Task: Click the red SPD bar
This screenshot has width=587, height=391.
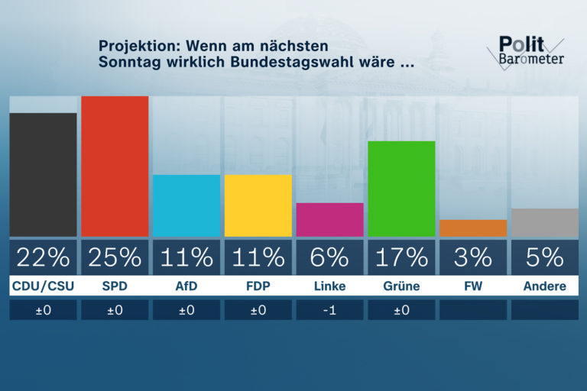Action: coord(115,166)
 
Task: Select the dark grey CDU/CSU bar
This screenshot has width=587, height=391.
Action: coord(43,175)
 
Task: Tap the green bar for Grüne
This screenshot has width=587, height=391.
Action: coord(401,189)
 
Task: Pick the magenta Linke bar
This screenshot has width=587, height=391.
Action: coord(329,220)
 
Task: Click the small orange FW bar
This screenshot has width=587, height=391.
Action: coord(473,228)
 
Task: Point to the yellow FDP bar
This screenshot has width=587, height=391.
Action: coord(258,205)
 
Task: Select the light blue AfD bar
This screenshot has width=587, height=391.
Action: coord(186,205)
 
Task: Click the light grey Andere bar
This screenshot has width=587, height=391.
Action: coord(544,222)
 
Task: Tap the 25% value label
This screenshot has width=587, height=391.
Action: coord(115,258)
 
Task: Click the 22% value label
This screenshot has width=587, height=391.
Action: coord(43,258)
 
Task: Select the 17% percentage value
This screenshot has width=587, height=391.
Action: coord(401,258)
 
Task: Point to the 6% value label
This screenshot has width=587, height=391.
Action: coord(329,258)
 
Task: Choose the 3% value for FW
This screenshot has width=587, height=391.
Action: coord(473,258)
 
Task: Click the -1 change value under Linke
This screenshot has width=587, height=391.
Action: coord(329,310)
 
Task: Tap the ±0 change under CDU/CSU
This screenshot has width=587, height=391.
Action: coord(43,310)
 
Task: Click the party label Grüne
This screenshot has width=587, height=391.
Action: coord(401,286)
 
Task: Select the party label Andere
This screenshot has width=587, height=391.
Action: coord(544,286)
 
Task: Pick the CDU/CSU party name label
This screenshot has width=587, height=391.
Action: coord(43,286)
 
